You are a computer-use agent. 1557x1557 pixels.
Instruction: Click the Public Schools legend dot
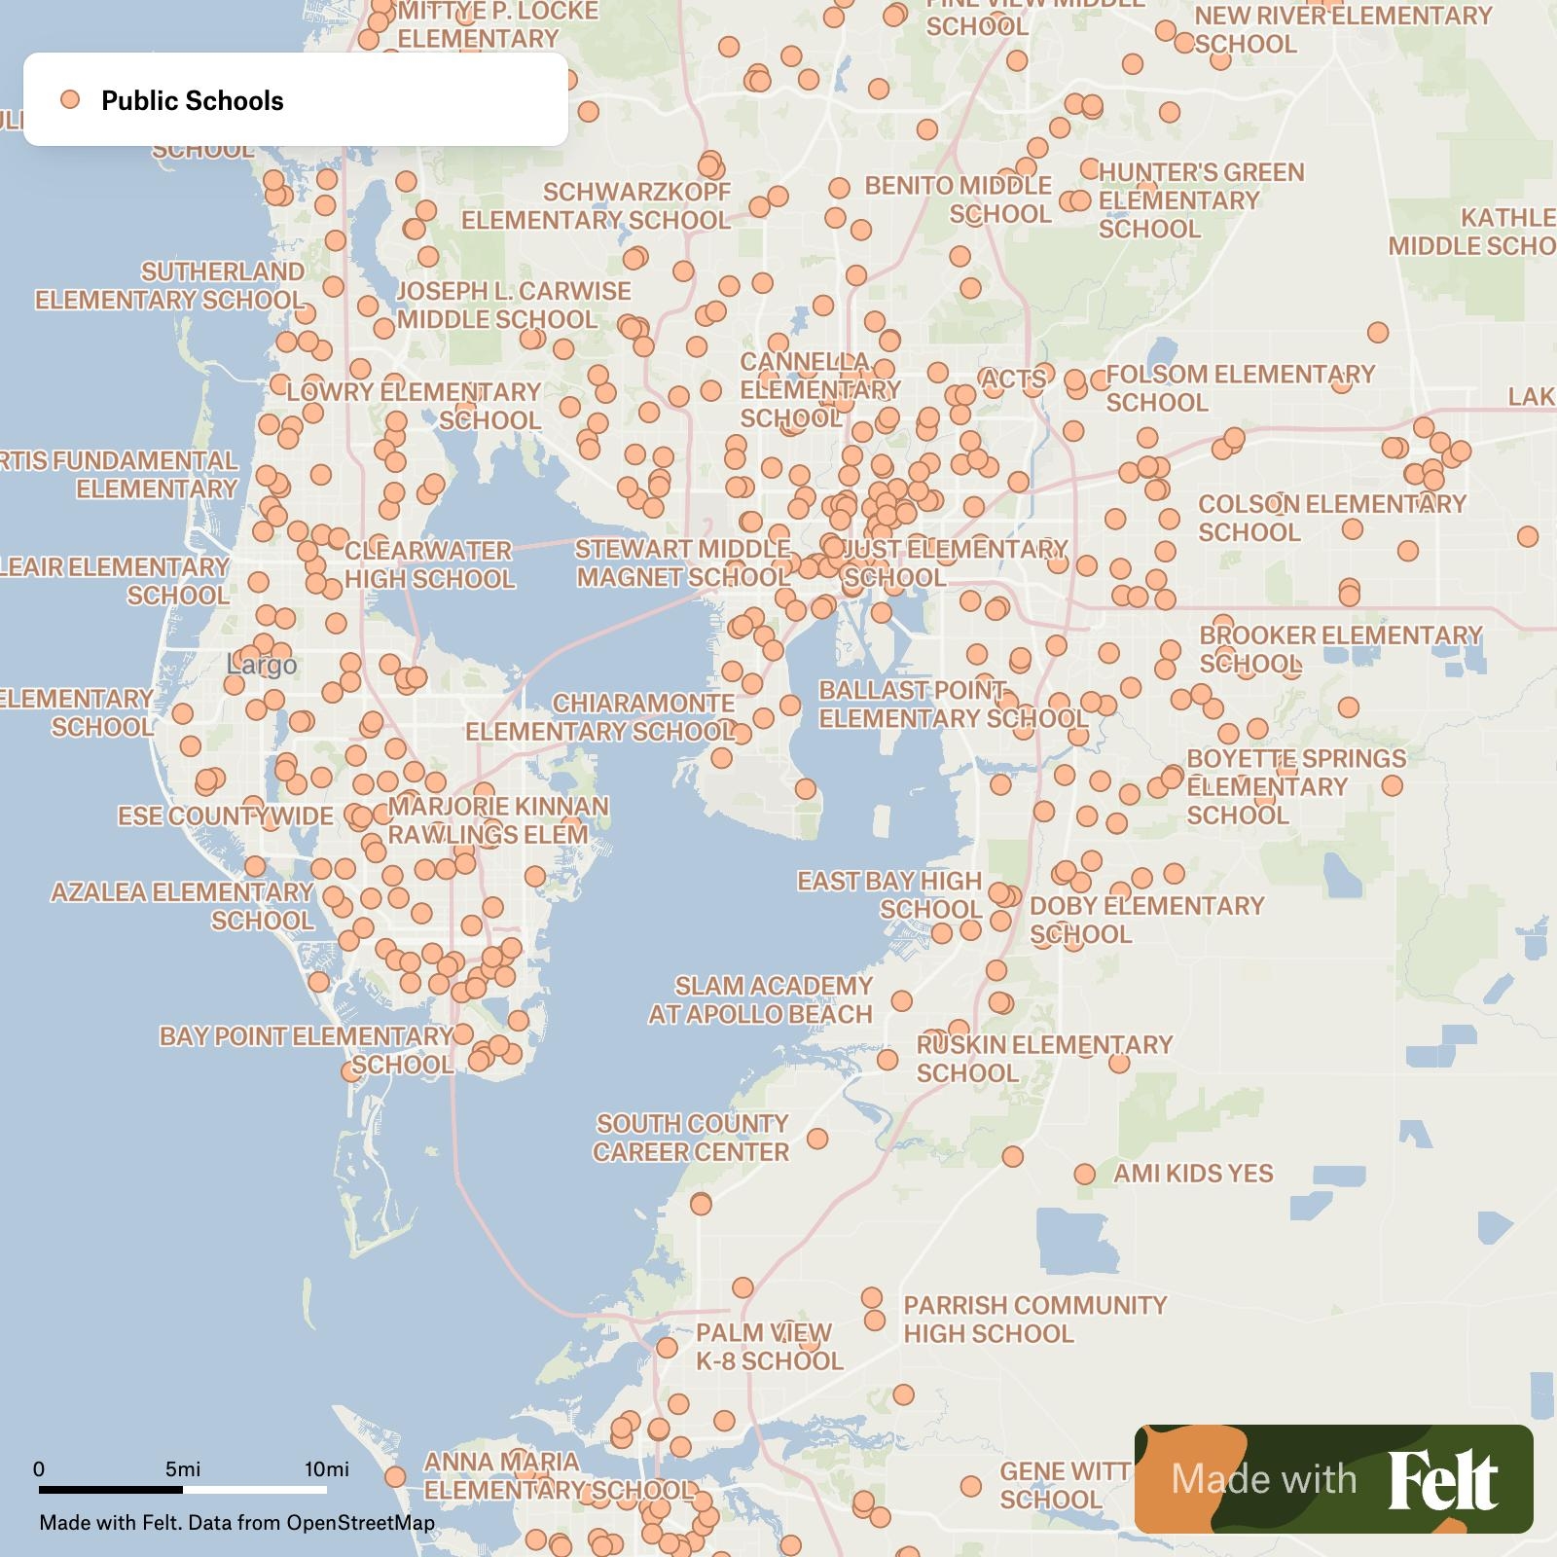coord(69,99)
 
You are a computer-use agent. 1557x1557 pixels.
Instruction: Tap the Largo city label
coord(262,666)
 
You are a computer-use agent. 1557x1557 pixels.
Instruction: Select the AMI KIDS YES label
coord(1193,1174)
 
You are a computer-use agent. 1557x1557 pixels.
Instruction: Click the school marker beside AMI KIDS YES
coord(1085,1175)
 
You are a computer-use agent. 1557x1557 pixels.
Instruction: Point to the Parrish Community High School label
coord(1034,1320)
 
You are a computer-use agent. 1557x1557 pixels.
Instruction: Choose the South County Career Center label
coord(691,1138)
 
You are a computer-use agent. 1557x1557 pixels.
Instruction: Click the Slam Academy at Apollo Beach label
coord(760,1000)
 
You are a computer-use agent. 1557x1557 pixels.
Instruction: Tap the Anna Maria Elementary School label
coord(558,1475)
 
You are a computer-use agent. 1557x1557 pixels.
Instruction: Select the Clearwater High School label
coord(429,564)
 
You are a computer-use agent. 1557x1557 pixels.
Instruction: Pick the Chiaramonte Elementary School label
coord(599,717)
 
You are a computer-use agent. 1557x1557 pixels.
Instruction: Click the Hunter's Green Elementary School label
coord(1201,200)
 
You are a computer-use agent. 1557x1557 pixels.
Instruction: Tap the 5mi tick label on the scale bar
coord(183,1468)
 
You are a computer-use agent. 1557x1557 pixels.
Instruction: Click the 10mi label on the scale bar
coord(327,1468)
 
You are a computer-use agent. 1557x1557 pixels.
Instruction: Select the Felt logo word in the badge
coord(1442,1479)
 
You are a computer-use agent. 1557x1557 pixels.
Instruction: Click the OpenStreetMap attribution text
coord(360,1523)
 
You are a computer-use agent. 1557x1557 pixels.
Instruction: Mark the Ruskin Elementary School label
coord(1044,1059)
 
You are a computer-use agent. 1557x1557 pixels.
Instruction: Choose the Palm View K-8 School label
coord(768,1347)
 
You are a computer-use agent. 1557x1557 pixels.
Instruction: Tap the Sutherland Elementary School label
coord(170,285)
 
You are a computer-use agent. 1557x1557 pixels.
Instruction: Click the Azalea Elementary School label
coord(183,906)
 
